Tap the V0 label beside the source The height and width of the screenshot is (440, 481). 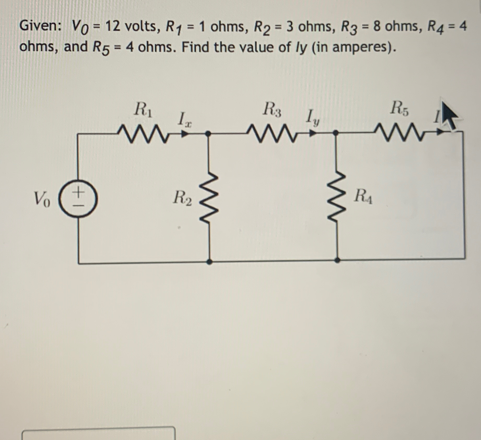coord(42,199)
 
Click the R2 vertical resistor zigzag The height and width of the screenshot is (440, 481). coord(209,198)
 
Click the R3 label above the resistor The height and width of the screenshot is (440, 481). coord(272,109)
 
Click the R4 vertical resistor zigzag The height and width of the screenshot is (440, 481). coord(337,198)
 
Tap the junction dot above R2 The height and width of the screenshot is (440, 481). coord(208,134)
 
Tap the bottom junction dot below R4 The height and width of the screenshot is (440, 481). coord(337,260)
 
